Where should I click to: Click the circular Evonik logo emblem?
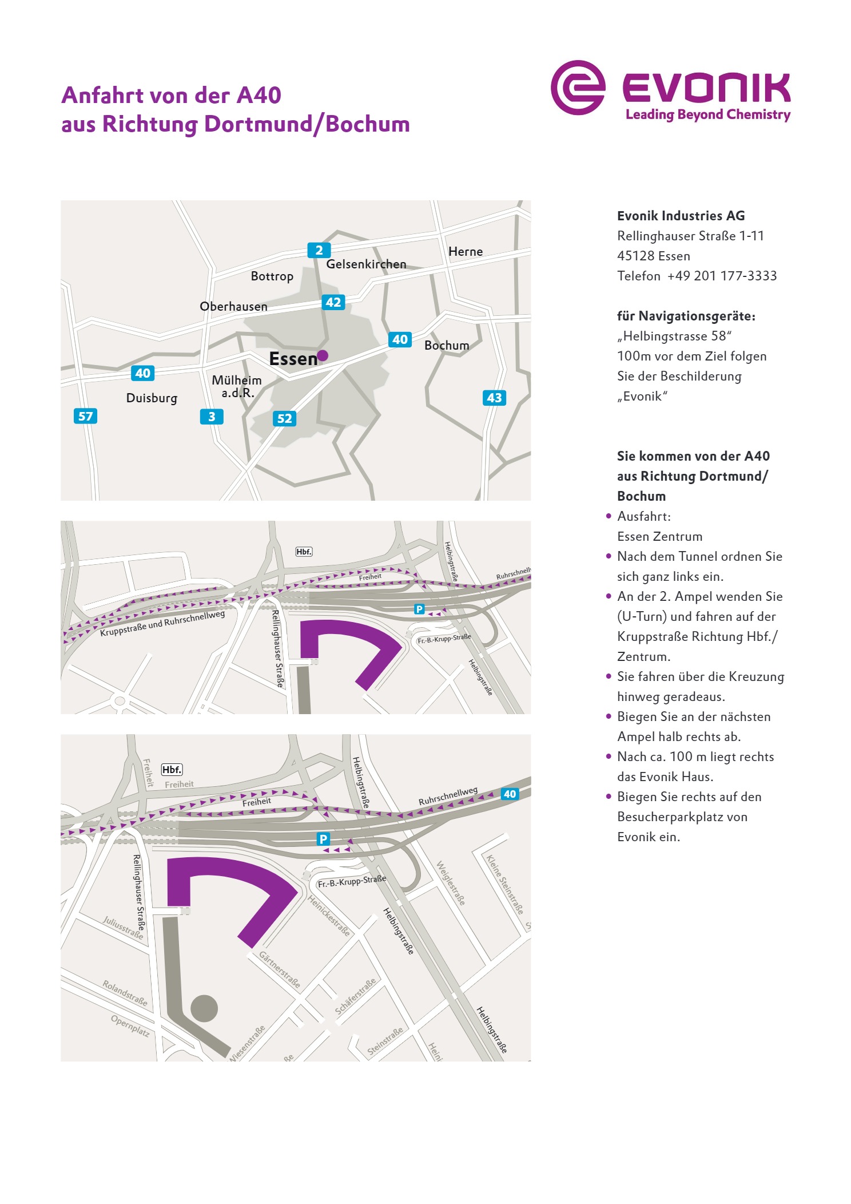[578, 88]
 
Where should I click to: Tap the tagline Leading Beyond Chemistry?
[707, 114]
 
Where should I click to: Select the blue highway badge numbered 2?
[319, 250]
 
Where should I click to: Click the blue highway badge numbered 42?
[333, 302]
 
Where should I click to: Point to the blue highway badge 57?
[85, 416]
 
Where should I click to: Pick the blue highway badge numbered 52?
[284, 418]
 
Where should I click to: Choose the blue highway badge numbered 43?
[494, 398]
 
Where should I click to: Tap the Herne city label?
[465, 252]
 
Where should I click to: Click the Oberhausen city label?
[233, 307]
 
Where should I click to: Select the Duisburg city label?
[152, 398]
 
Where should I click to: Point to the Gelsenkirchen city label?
[366, 264]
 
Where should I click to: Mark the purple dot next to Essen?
[323, 355]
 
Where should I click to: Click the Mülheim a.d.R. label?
[237, 386]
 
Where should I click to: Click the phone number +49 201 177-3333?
[722, 276]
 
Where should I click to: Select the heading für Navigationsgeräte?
[686, 316]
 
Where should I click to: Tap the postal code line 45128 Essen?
[653, 256]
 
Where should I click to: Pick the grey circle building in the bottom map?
[204, 1008]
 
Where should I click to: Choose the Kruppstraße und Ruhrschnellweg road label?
[162, 623]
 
